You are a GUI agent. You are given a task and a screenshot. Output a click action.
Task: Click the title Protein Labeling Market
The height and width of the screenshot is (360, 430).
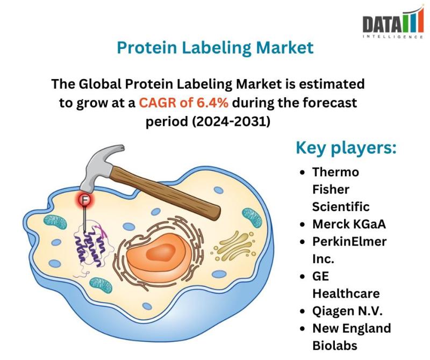[x=215, y=47]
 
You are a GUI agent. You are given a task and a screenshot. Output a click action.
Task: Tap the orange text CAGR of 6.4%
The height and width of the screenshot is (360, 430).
[x=183, y=103]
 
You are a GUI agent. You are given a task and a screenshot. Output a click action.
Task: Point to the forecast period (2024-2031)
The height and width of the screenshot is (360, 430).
[x=208, y=121]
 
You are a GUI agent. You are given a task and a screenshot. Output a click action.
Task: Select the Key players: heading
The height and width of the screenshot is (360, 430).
[x=346, y=148]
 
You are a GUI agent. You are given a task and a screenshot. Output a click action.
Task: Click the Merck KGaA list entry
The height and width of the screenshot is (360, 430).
[x=349, y=224]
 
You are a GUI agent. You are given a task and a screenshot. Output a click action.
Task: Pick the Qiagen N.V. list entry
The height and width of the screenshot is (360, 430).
[x=347, y=311]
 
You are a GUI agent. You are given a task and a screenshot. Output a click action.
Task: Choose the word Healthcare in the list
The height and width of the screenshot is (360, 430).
[x=346, y=293]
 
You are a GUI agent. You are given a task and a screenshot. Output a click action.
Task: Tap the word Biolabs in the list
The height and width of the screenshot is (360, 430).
[x=335, y=345]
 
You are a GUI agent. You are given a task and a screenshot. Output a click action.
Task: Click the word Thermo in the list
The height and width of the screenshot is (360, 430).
[x=335, y=172]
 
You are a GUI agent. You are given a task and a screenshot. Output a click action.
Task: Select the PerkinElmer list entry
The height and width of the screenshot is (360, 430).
[x=349, y=242]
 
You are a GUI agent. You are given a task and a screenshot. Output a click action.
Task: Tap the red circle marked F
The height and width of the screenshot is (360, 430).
[x=85, y=200]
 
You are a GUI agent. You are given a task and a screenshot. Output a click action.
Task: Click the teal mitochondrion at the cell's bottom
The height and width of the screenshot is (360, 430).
[x=101, y=285]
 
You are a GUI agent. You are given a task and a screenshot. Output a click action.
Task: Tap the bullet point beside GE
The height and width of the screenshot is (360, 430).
[x=302, y=276]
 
